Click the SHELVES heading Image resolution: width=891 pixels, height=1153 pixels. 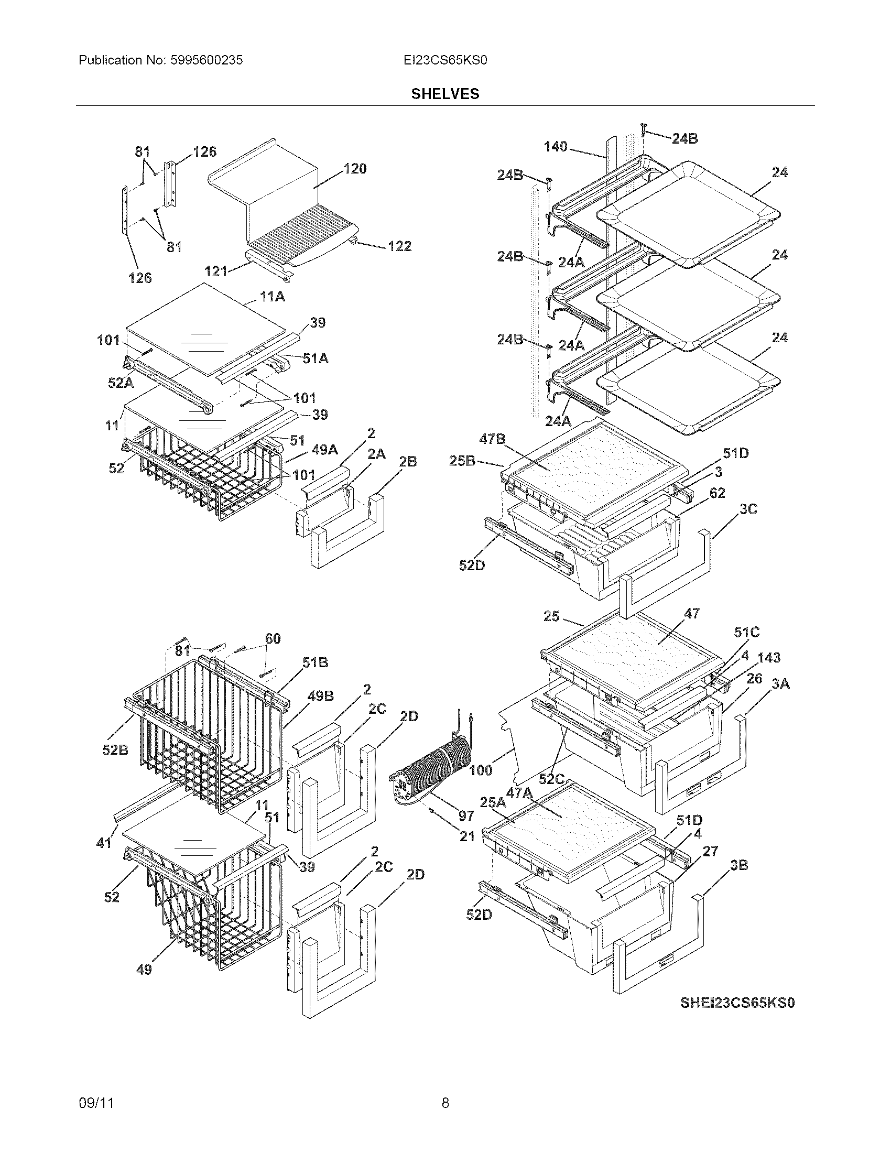[445, 94]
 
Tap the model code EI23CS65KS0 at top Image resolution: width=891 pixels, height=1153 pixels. [445, 60]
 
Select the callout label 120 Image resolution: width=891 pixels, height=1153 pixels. [355, 169]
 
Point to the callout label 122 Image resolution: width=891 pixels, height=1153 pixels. [399, 246]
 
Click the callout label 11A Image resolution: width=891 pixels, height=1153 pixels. [273, 297]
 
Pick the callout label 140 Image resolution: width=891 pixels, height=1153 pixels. [555, 147]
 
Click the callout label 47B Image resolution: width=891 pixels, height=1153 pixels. [492, 439]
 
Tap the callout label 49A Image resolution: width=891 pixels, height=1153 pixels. [324, 450]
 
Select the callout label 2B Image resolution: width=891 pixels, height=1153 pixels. [407, 462]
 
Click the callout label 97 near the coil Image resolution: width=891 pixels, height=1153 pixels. [466, 817]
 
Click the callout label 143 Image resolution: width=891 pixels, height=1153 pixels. [769, 658]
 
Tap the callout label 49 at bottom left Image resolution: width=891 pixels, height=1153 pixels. [144, 970]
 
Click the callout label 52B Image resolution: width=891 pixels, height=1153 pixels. [115, 750]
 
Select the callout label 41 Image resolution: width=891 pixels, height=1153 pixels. [104, 843]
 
